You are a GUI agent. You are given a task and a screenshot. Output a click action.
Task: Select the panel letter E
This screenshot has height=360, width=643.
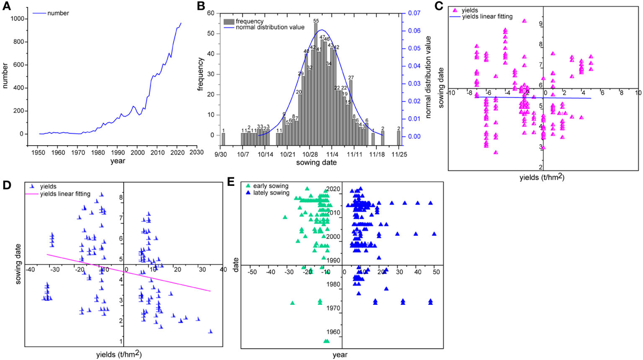click(x=231, y=182)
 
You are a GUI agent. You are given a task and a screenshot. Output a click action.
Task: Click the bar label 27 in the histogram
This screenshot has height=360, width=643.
click(x=351, y=77)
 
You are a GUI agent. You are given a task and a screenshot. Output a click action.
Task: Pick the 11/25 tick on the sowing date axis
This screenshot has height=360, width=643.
click(x=399, y=154)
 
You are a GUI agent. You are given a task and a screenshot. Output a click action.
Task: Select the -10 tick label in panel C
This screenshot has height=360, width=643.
click(x=451, y=93)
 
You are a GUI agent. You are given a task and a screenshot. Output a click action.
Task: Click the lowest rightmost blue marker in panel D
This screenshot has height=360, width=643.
click(x=210, y=332)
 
